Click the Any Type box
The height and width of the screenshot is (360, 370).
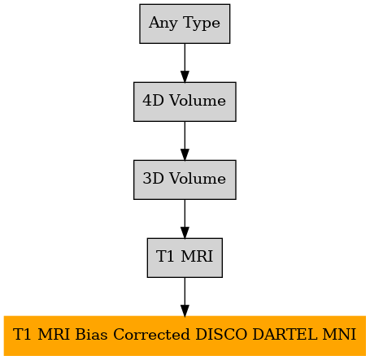click(x=185, y=24)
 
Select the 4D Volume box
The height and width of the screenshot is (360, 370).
click(x=185, y=102)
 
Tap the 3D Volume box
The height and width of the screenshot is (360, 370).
click(x=185, y=180)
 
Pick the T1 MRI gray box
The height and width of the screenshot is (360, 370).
click(x=185, y=258)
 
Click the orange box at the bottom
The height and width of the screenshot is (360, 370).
click(x=185, y=336)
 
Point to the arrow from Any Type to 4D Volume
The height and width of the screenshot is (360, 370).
click(x=185, y=63)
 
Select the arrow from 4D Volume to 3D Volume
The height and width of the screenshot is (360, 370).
click(x=185, y=141)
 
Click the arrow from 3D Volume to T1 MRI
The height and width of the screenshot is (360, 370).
click(x=185, y=219)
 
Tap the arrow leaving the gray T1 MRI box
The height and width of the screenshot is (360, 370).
click(x=185, y=297)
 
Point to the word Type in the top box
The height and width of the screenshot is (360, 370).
click(x=202, y=24)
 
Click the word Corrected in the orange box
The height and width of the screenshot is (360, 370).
click(x=151, y=334)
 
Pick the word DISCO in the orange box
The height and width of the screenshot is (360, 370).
click(x=221, y=334)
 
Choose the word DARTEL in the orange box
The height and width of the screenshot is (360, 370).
click(x=285, y=334)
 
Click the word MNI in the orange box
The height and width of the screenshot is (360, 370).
click(x=339, y=334)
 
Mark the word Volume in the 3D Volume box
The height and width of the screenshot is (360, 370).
click(x=198, y=178)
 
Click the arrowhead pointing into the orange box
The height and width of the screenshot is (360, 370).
click(x=185, y=310)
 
